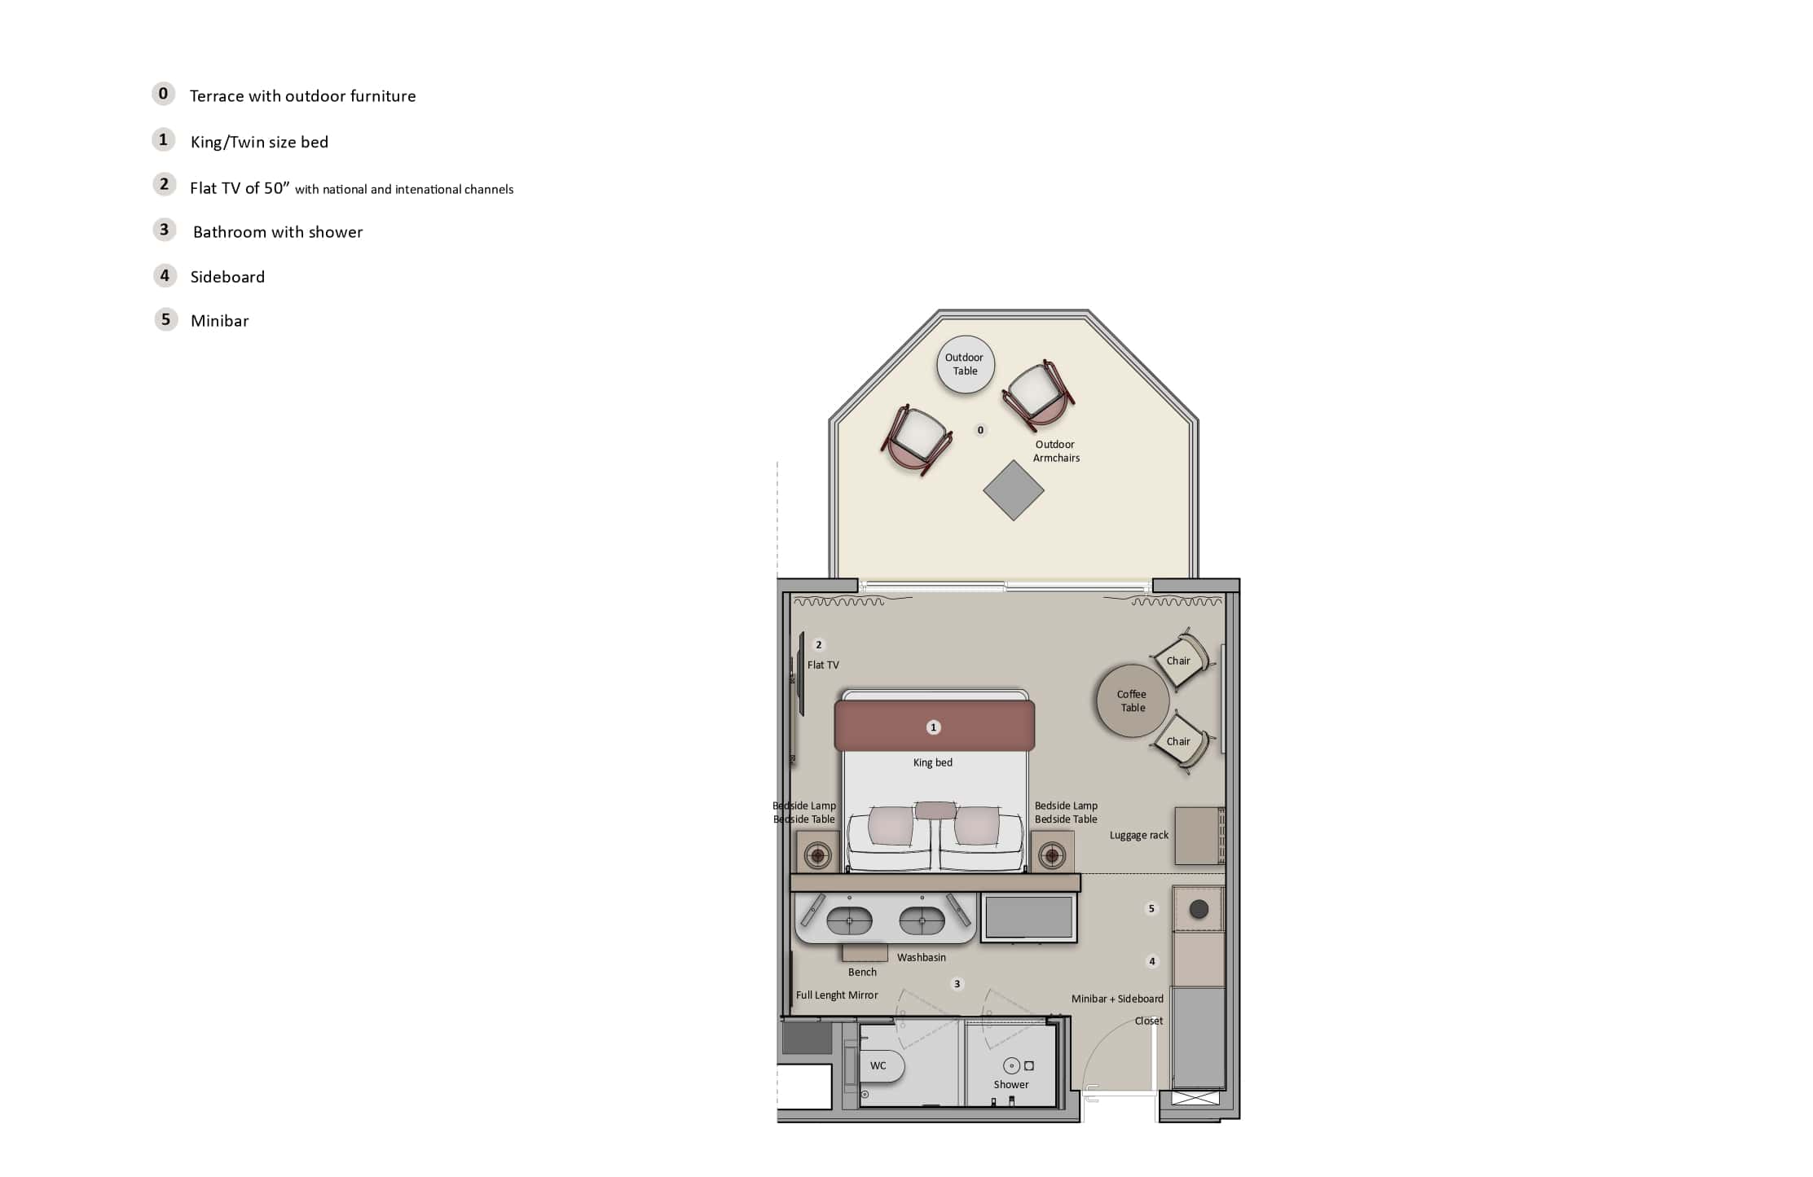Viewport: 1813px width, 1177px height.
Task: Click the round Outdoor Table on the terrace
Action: click(x=965, y=364)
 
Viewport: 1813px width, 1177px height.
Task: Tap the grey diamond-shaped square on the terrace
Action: click(x=1013, y=490)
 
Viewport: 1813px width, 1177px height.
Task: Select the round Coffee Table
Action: click(x=1133, y=700)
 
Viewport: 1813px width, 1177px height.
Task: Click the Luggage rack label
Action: click(x=1138, y=835)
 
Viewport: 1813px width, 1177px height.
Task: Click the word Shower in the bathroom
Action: click(x=1010, y=1084)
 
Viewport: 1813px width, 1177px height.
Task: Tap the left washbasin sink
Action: click(x=849, y=921)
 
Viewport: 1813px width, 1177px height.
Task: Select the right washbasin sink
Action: click(x=922, y=921)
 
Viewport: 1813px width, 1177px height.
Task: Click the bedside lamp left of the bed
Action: click(x=817, y=855)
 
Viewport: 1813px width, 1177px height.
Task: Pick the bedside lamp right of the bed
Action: click(x=1052, y=855)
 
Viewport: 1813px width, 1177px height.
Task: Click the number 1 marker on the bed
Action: click(x=934, y=727)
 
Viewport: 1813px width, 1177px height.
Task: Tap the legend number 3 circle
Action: click(x=164, y=230)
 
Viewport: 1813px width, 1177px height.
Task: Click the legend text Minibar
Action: click(x=219, y=321)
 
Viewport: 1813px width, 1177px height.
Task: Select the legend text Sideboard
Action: click(x=227, y=277)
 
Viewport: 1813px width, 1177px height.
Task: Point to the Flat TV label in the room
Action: click(x=822, y=665)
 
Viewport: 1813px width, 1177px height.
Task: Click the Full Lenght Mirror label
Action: click(x=837, y=995)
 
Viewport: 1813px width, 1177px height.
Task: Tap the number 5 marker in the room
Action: click(x=1151, y=908)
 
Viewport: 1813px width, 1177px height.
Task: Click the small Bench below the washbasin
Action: click(x=865, y=952)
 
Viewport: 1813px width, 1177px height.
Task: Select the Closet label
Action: click(x=1149, y=1021)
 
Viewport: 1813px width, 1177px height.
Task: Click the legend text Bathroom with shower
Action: click(x=278, y=232)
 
